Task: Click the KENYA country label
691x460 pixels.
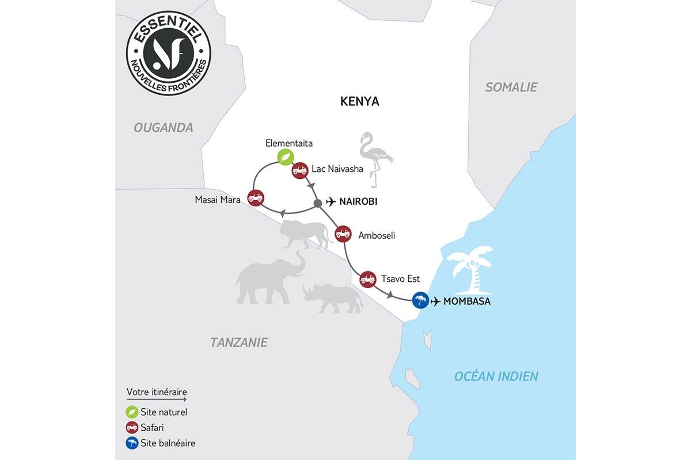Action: point(359,102)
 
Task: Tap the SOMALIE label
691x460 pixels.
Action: point(511,87)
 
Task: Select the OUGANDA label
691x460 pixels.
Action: point(164,128)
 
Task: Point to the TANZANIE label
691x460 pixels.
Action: point(238,343)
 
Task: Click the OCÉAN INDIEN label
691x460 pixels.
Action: point(496,377)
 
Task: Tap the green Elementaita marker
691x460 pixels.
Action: point(285,156)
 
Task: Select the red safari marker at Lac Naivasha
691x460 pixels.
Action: point(299,170)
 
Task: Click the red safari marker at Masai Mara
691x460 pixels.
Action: point(255,197)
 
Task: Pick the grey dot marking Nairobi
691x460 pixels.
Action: point(317,203)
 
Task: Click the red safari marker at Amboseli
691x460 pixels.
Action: point(343,233)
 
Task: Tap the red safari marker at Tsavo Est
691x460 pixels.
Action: point(367,279)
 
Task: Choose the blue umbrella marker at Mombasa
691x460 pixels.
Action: point(420,300)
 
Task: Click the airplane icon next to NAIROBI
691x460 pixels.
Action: point(331,202)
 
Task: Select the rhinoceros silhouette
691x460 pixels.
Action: point(333,298)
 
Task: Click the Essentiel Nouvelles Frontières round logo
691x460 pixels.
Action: point(168,54)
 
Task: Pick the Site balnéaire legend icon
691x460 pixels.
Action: point(132,443)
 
